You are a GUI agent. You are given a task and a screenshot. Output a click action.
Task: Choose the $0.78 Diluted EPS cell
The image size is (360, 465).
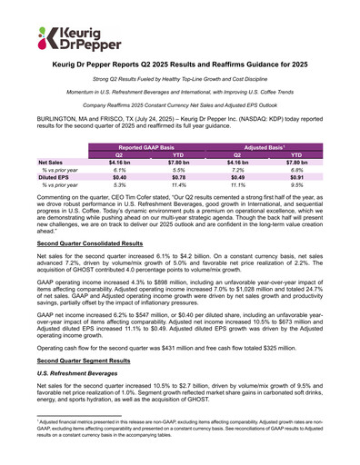[x=176, y=177]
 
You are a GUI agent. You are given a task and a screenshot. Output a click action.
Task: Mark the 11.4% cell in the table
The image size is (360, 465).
[x=176, y=185]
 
